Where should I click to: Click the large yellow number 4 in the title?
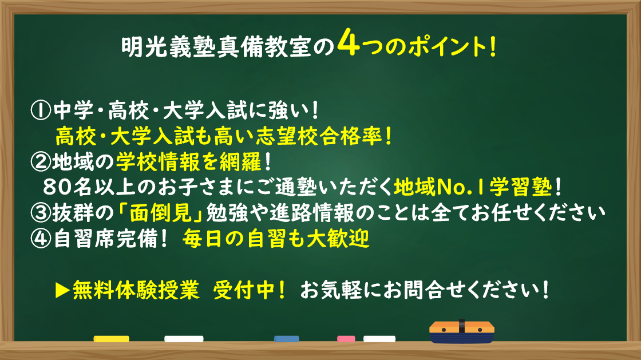point(349,42)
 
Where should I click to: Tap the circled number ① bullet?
point(41,111)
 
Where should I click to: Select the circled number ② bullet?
point(41,162)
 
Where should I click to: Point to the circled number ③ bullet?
point(41,213)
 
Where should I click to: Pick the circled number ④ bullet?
point(41,239)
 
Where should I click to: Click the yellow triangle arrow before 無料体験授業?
point(62,290)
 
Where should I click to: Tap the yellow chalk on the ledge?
point(111,339)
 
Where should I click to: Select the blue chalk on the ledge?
point(287,339)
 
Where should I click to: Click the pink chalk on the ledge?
point(346,339)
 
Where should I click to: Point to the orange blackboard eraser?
point(461,332)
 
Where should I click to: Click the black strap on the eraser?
point(461,326)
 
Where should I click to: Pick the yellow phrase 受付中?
point(244,290)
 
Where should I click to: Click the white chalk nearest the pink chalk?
point(379,339)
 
